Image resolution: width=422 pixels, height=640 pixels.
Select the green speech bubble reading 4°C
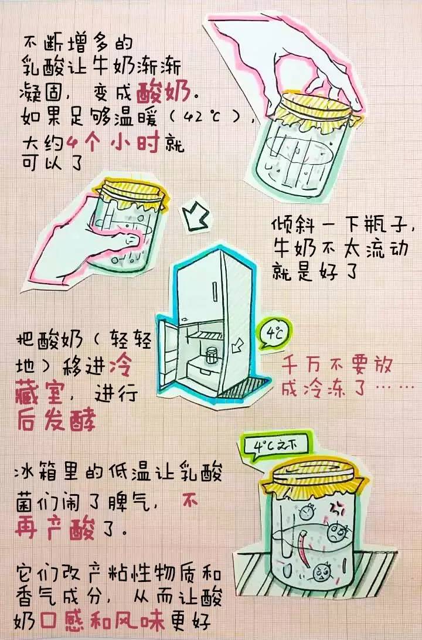275,336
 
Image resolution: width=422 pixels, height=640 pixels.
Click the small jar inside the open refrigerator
211,355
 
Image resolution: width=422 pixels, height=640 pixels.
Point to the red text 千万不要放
337,366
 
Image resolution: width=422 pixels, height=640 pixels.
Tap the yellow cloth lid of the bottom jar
311,469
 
